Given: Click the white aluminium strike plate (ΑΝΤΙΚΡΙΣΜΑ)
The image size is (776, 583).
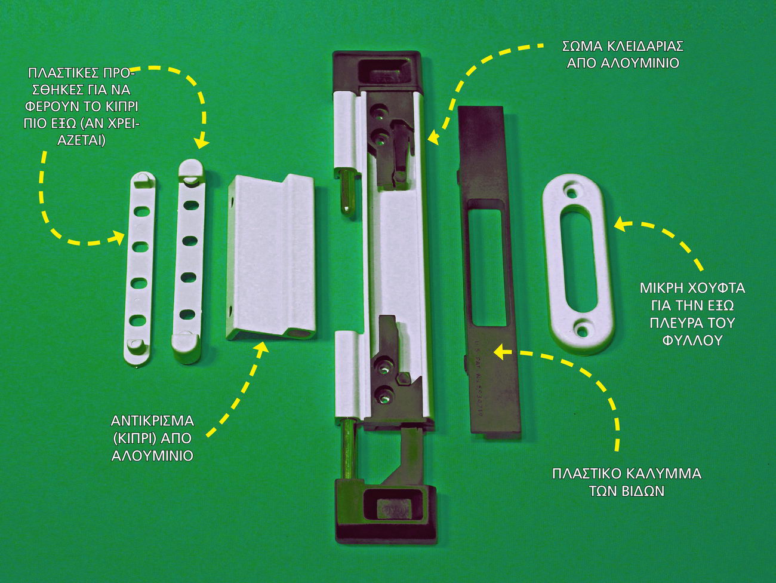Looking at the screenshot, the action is pos(270,256).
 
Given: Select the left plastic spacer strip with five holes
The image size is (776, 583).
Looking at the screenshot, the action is pos(141,268).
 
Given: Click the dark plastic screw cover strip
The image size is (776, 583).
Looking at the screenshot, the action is pos(489,272).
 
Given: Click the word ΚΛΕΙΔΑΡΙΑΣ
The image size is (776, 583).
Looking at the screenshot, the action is pos(639,46).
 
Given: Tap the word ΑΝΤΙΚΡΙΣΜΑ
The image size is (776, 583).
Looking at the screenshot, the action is pos(152,421).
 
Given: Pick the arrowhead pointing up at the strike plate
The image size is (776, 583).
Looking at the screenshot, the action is pos(261,348).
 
